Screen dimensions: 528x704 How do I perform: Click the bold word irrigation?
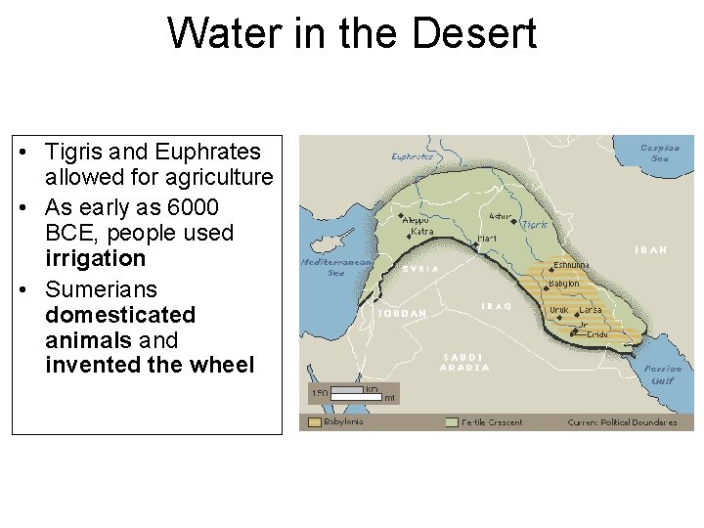tap(95, 259)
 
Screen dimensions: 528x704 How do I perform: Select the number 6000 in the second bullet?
tap(193, 207)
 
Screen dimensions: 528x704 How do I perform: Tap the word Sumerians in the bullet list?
tap(101, 289)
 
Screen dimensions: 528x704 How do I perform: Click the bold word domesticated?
tap(120, 315)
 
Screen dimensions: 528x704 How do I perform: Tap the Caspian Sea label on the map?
tap(660, 153)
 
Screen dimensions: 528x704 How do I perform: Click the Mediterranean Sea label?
tap(336, 267)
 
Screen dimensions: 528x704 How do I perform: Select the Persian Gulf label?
tap(663, 374)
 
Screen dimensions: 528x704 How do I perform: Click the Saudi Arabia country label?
tap(464, 362)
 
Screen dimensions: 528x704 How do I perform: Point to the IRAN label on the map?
tap(651, 250)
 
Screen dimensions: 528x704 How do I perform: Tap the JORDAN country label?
tap(403, 314)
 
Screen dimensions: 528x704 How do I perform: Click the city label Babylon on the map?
tap(563, 284)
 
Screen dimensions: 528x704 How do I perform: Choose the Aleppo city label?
tap(416, 220)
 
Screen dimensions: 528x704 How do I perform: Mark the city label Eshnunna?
tap(573, 264)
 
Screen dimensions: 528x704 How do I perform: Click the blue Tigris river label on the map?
tap(534, 224)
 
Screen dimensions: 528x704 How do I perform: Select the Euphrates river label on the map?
tap(412, 156)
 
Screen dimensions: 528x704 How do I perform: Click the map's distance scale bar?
tap(347, 392)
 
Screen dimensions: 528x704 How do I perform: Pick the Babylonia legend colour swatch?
tap(314, 422)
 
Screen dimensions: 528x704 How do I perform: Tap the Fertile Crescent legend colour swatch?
tap(451, 422)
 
